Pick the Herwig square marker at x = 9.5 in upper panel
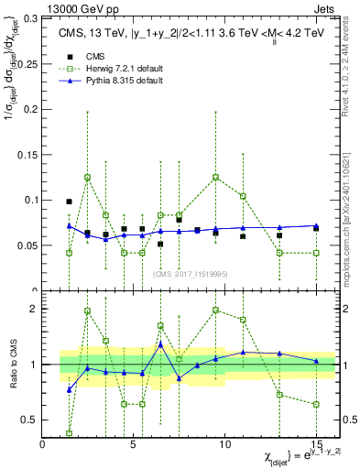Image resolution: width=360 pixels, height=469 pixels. tap(215, 177)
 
